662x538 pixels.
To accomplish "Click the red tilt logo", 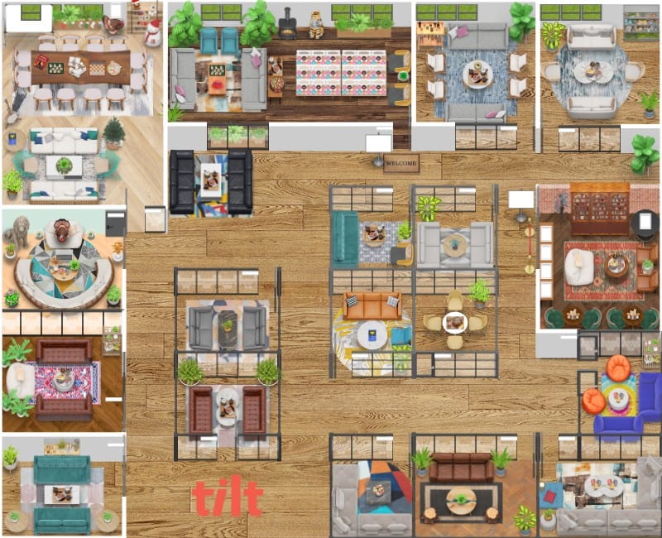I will point(227,497).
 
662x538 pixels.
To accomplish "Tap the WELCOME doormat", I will point(401,163).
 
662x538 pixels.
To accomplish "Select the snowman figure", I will point(153,31).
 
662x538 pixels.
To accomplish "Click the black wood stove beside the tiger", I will point(288,25).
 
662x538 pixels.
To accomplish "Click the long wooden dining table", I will point(81,66).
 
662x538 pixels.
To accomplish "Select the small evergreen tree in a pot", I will point(114,132).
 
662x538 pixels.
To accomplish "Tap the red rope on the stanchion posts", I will point(528,241).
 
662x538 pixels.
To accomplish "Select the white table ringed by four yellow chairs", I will point(454,321).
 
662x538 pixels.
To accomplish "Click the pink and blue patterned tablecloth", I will point(341,72).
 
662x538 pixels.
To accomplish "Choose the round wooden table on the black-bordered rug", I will point(460,499).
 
